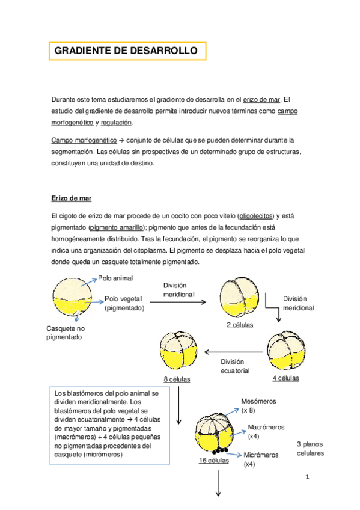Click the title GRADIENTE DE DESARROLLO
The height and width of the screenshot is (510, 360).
click(x=126, y=51)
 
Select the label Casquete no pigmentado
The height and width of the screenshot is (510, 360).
click(x=66, y=333)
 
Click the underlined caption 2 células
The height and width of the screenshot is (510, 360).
click(x=240, y=325)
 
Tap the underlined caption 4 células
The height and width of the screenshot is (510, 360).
click(x=285, y=378)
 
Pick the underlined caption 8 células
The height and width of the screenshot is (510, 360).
click(x=177, y=379)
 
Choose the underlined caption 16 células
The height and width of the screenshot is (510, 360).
click(x=214, y=461)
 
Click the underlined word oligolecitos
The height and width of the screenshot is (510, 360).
click(x=255, y=215)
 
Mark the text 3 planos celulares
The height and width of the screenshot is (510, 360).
click(x=310, y=448)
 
